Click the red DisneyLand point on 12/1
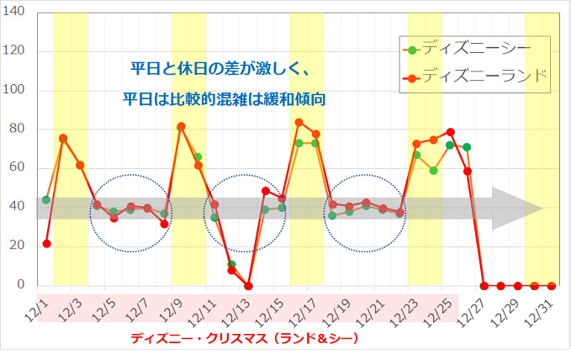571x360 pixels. (46, 244)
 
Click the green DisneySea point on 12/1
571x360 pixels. (46, 200)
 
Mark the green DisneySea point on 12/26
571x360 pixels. (467, 147)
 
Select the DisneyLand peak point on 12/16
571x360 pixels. (299, 123)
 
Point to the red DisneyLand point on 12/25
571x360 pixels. (450, 132)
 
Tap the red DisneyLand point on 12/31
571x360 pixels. (551, 286)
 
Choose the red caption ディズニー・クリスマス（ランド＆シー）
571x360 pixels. (244, 338)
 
